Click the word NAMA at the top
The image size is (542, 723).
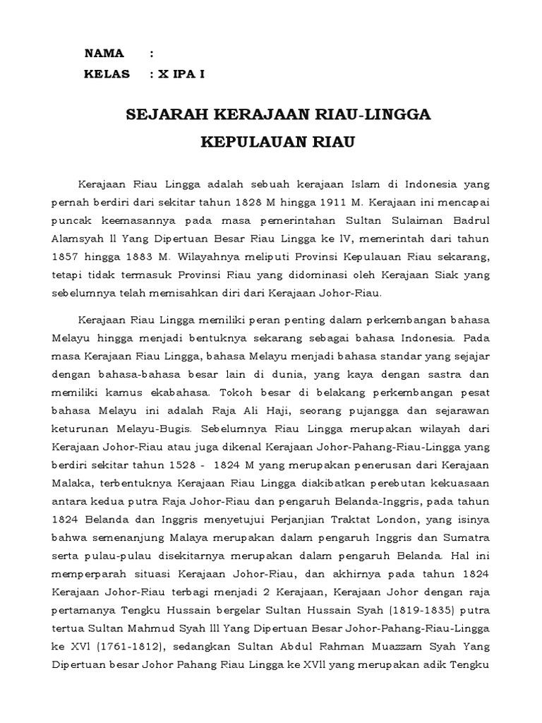pyautogui.click(x=104, y=54)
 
